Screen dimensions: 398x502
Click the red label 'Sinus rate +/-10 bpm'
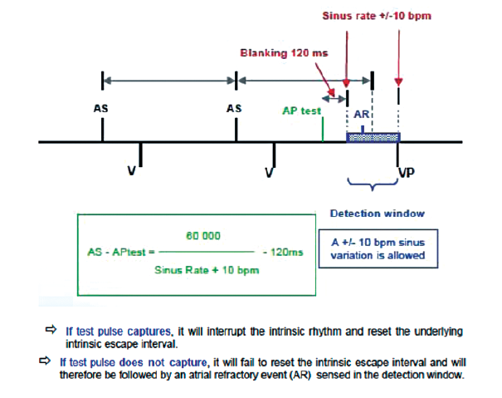pos(377,15)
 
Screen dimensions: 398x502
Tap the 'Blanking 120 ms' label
pos(284,53)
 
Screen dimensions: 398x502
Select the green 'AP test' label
pos(302,110)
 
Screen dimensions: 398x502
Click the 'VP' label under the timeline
pos(407,173)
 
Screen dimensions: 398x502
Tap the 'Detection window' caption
pos(377,214)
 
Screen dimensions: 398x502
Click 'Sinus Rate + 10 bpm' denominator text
pos(207,271)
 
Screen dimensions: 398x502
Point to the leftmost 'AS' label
pos(100,109)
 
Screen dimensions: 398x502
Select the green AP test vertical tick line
pos(322,131)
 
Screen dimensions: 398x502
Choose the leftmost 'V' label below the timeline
pos(131,171)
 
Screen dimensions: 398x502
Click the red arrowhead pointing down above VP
pos(399,82)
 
